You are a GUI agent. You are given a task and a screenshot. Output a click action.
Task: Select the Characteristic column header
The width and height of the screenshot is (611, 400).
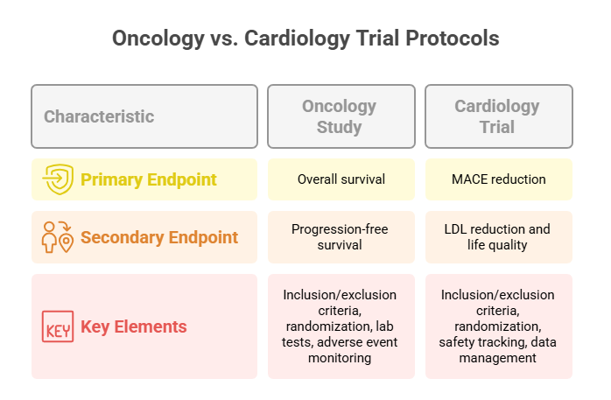tap(99, 116)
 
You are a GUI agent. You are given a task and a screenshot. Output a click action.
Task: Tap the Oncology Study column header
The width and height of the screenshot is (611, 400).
tap(339, 116)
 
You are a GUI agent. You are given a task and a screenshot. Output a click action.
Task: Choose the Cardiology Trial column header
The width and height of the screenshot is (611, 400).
tap(496, 116)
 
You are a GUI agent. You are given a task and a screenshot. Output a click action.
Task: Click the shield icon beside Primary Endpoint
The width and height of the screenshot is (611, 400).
tap(58, 179)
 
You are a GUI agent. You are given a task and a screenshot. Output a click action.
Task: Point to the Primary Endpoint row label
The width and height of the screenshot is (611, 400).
tap(148, 179)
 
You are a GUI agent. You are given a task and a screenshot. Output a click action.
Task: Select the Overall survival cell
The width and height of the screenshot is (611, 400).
tap(341, 179)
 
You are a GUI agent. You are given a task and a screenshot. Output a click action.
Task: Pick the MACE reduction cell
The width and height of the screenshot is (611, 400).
tap(498, 179)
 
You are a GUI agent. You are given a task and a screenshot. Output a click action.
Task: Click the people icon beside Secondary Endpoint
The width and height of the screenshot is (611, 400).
tap(58, 236)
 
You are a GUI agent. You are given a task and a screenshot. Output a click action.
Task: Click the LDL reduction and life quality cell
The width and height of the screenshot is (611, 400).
tap(498, 237)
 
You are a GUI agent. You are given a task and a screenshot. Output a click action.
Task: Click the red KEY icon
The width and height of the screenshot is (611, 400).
tap(58, 326)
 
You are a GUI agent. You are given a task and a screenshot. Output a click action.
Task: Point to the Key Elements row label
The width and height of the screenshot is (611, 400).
tap(133, 326)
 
